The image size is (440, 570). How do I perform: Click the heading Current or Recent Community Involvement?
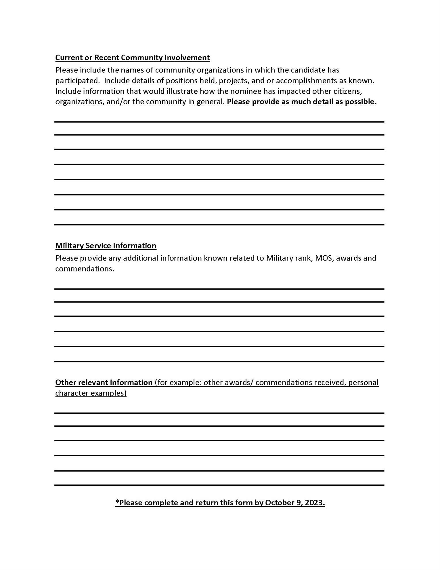click(x=132, y=58)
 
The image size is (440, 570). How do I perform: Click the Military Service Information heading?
click(x=106, y=246)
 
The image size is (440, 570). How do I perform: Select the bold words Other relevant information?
click(x=104, y=382)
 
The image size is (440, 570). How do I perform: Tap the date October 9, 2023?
click(x=295, y=503)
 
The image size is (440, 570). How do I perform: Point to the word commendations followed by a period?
click(x=85, y=269)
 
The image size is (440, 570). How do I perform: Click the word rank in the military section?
click(x=304, y=258)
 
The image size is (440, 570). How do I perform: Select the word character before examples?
click(x=72, y=393)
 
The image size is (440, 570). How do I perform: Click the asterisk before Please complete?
click(x=117, y=502)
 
